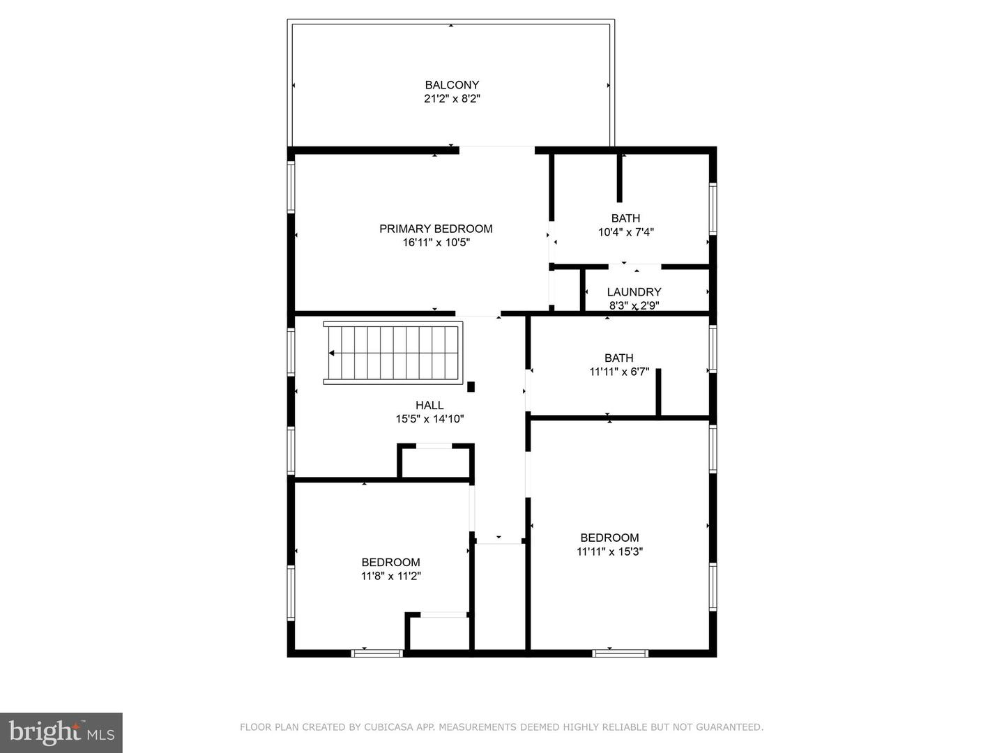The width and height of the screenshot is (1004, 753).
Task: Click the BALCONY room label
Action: (x=452, y=85)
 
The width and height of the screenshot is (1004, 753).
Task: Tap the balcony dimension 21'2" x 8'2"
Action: (x=452, y=99)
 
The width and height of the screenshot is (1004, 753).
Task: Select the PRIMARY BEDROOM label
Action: (x=436, y=229)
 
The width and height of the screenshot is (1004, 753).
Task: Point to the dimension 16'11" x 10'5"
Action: (x=436, y=243)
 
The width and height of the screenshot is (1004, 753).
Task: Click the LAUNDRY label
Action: (x=634, y=291)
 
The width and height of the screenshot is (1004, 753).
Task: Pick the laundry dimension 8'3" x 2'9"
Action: (x=634, y=305)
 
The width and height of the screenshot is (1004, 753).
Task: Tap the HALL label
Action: (x=429, y=405)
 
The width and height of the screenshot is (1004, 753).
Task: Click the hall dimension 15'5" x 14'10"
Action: (x=429, y=419)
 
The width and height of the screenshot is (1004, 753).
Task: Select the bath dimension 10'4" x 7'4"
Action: (x=625, y=232)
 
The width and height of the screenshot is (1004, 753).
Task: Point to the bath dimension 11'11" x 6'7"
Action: (x=619, y=372)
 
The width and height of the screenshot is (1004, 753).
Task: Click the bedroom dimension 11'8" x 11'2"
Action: (x=390, y=576)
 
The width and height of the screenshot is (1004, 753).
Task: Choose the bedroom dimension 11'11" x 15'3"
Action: (x=609, y=552)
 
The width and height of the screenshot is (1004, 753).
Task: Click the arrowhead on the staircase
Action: (x=332, y=353)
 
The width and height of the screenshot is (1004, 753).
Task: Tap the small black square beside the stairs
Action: (x=471, y=387)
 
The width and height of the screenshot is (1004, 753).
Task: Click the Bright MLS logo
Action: (x=61, y=732)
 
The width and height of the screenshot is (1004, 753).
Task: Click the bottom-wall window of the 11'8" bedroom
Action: (x=377, y=653)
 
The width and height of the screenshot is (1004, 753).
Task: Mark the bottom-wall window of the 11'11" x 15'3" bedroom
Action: (x=621, y=653)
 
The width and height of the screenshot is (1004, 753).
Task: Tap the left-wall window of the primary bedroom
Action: (x=291, y=187)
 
